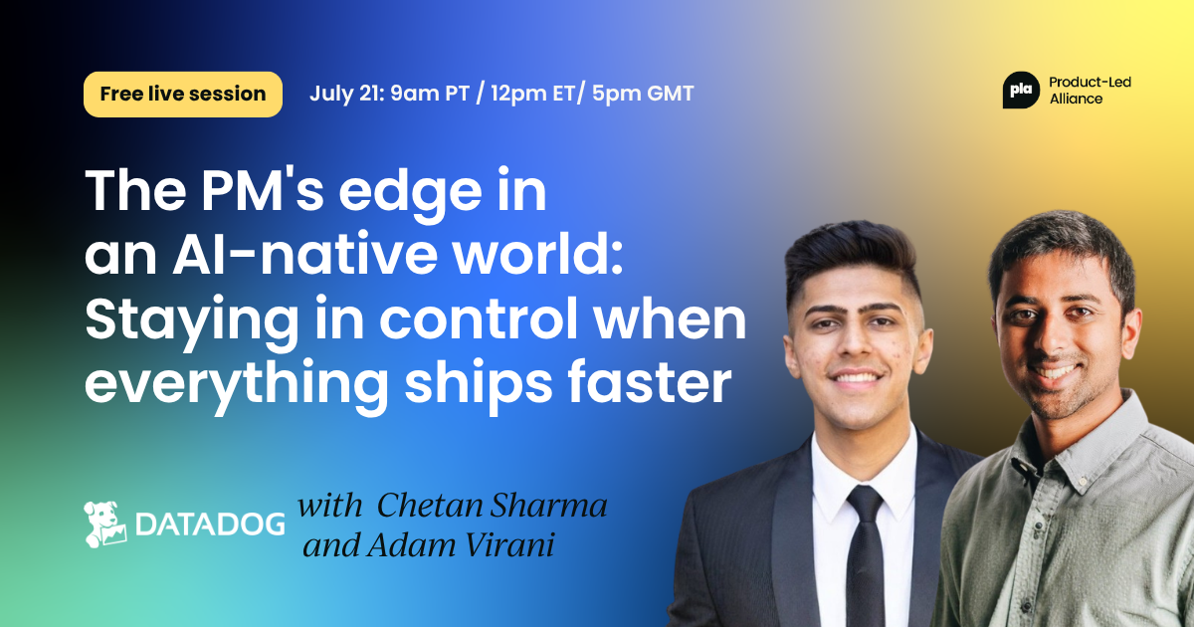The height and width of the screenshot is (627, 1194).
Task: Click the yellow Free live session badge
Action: pyautogui.click(x=183, y=94)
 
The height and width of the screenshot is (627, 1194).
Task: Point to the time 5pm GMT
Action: pyautogui.click(x=643, y=94)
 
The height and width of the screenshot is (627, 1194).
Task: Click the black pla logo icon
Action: pyautogui.click(x=1021, y=91)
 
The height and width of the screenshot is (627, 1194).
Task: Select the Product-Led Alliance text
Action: pyautogui.click(x=1091, y=91)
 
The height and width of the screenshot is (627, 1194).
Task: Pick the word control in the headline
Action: pyautogui.click(x=478, y=318)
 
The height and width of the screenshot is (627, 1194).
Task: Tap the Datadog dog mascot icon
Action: pyautogui.click(x=105, y=524)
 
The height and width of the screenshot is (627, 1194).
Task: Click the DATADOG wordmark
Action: pyautogui.click(x=210, y=524)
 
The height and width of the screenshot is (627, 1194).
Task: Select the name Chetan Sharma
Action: pyautogui.click(x=492, y=505)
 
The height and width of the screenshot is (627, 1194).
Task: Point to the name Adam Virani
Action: pyautogui.click(x=461, y=545)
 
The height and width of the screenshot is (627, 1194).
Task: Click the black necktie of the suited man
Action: pyautogui.click(x=865, y=554)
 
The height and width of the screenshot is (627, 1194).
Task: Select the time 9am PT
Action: pyautogui.click(x=430, y=94)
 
